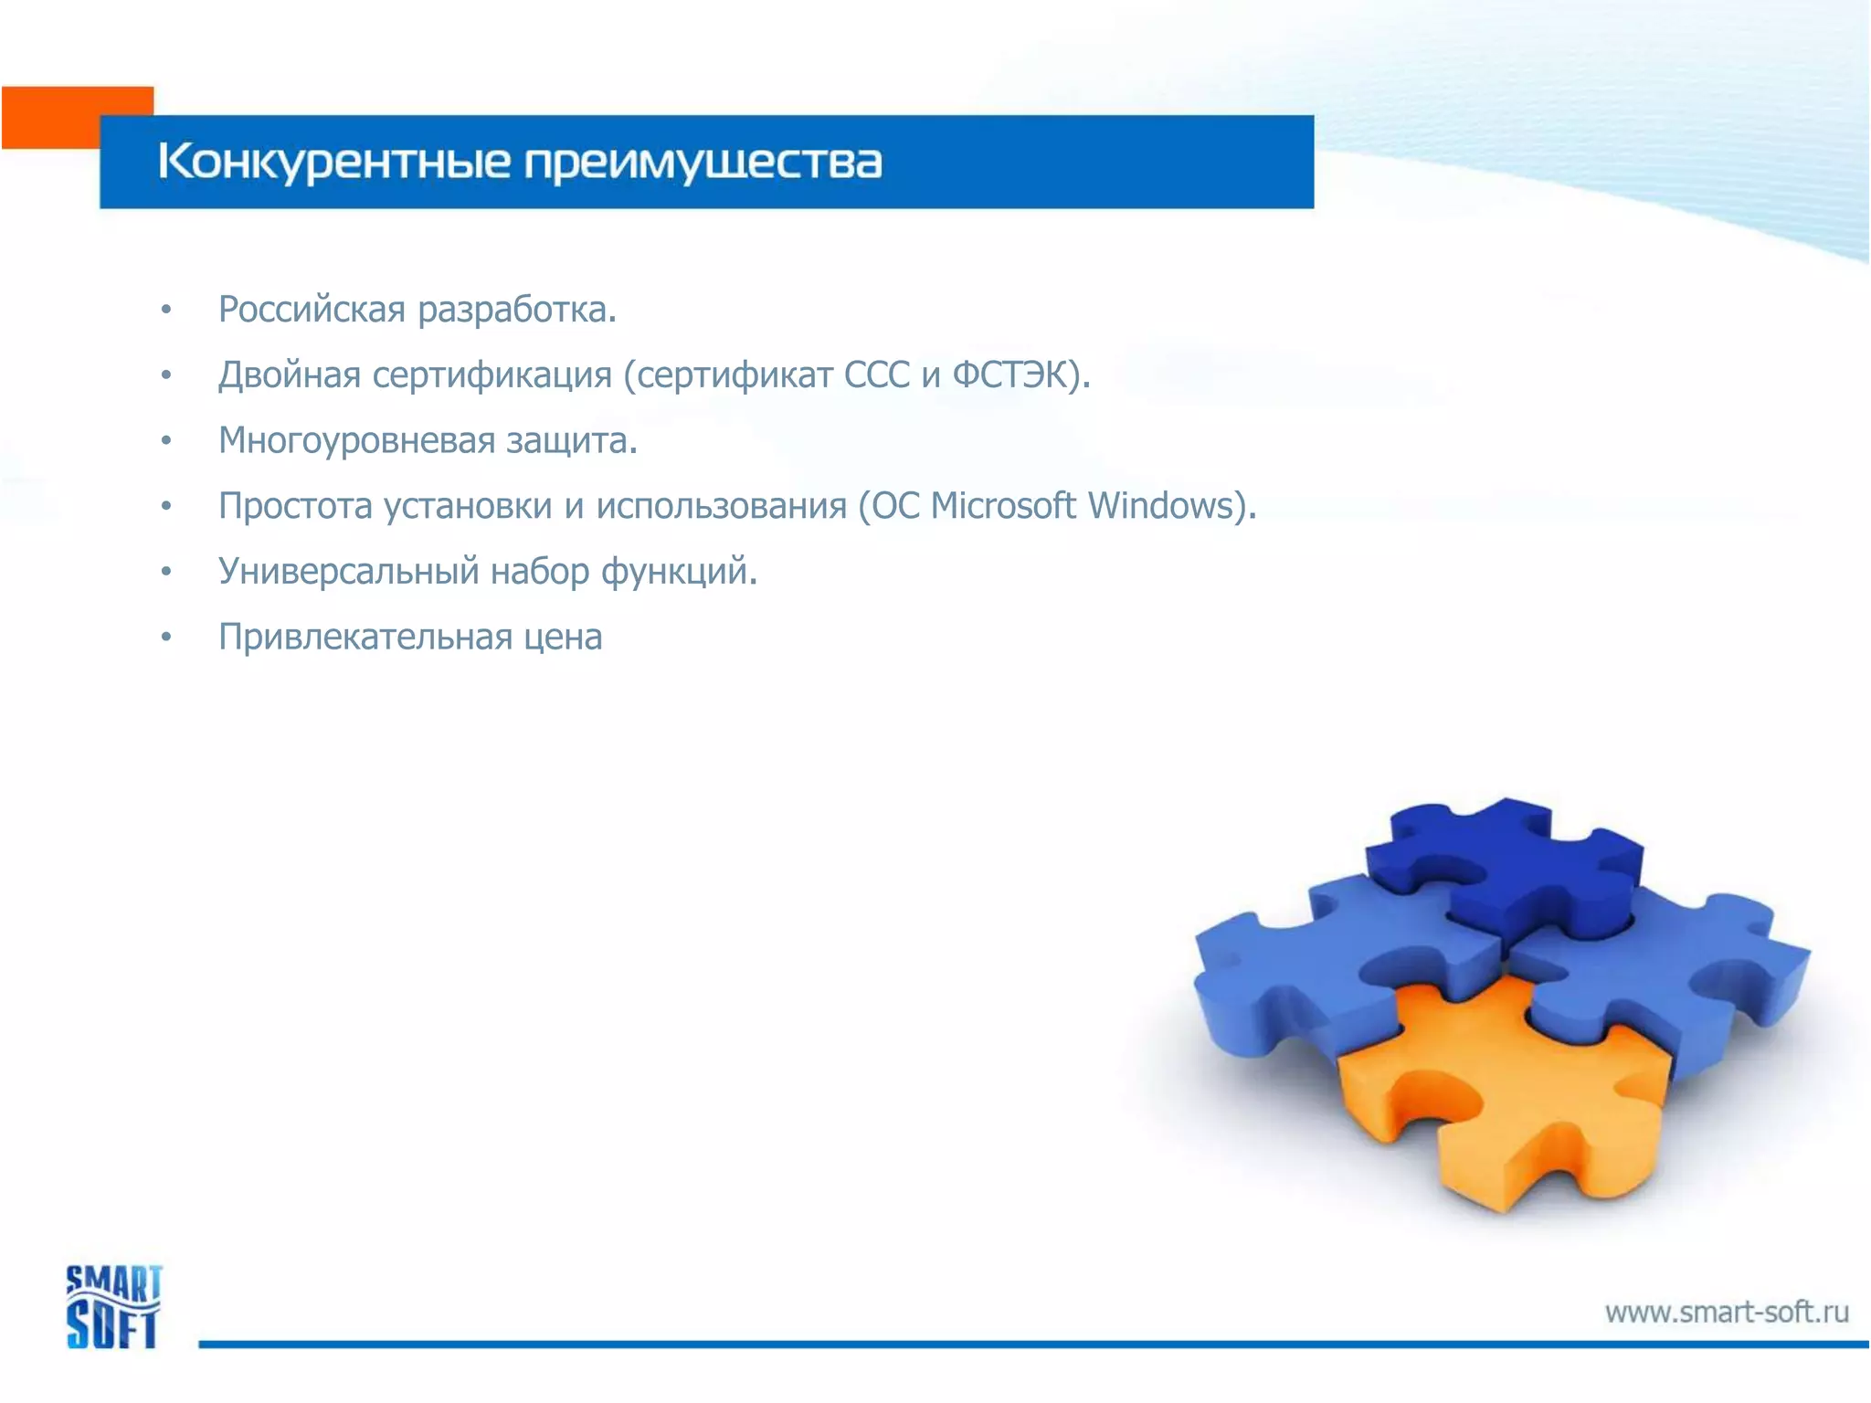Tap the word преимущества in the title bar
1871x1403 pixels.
pos(703,163)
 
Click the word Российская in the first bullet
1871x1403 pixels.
pos(312,310)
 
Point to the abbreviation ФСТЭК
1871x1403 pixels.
pos(1009,375)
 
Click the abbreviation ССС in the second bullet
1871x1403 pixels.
pos(877,375)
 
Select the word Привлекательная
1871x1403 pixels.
pos(365,638)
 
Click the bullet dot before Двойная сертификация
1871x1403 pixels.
pos(165,375)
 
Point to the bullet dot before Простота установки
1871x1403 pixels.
pos(165,506)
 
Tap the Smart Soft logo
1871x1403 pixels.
pos(113,1306)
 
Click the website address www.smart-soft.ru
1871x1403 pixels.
pos(1727,1313)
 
